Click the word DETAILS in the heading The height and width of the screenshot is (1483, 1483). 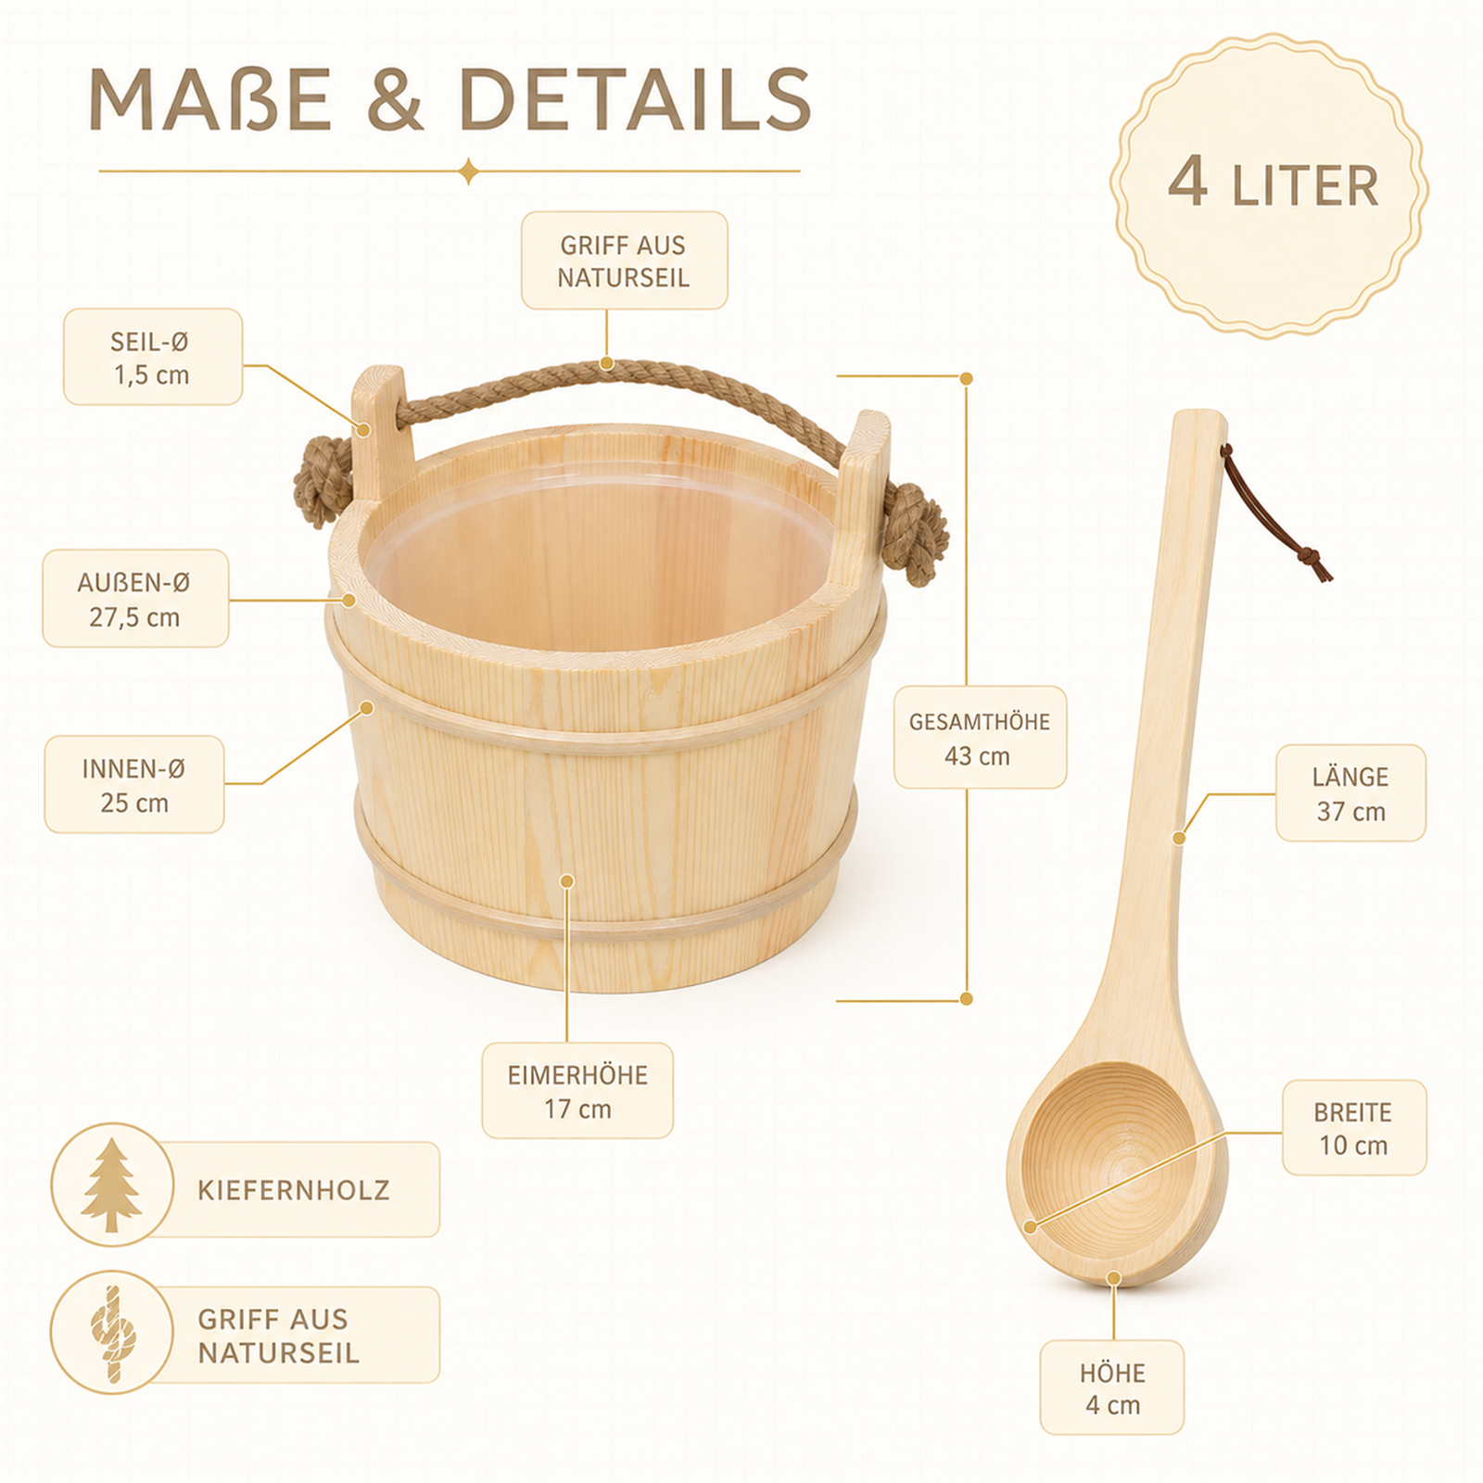(x=635, y=99)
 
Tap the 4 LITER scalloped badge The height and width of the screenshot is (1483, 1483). (x=1270, y=185)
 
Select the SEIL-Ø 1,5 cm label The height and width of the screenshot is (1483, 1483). (x=153, y=357)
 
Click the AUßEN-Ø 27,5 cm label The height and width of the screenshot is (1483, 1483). (x=135, y=599)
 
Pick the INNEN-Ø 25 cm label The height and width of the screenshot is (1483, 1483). (x=134, y=784)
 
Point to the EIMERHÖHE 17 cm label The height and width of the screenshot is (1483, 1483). (x=577, y=1091)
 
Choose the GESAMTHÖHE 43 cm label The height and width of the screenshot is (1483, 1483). (x=980, y=738)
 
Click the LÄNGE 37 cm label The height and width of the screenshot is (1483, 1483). (x=1350, y=793)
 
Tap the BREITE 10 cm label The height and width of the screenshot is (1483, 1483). (x=1354, y=1128)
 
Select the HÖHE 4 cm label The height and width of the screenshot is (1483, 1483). (x=1112, y=1388)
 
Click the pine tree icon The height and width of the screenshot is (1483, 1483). (x=111, y=1185)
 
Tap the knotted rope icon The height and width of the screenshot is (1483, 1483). (x=113, y=1334)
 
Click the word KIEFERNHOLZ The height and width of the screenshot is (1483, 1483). (x=294, y=1190)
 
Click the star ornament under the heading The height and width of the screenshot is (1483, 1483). (x=469, y=171)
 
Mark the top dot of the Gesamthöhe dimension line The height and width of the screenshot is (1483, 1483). (x=966, y=378)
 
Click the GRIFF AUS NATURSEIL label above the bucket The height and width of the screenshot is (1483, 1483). (x=624, y=260)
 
